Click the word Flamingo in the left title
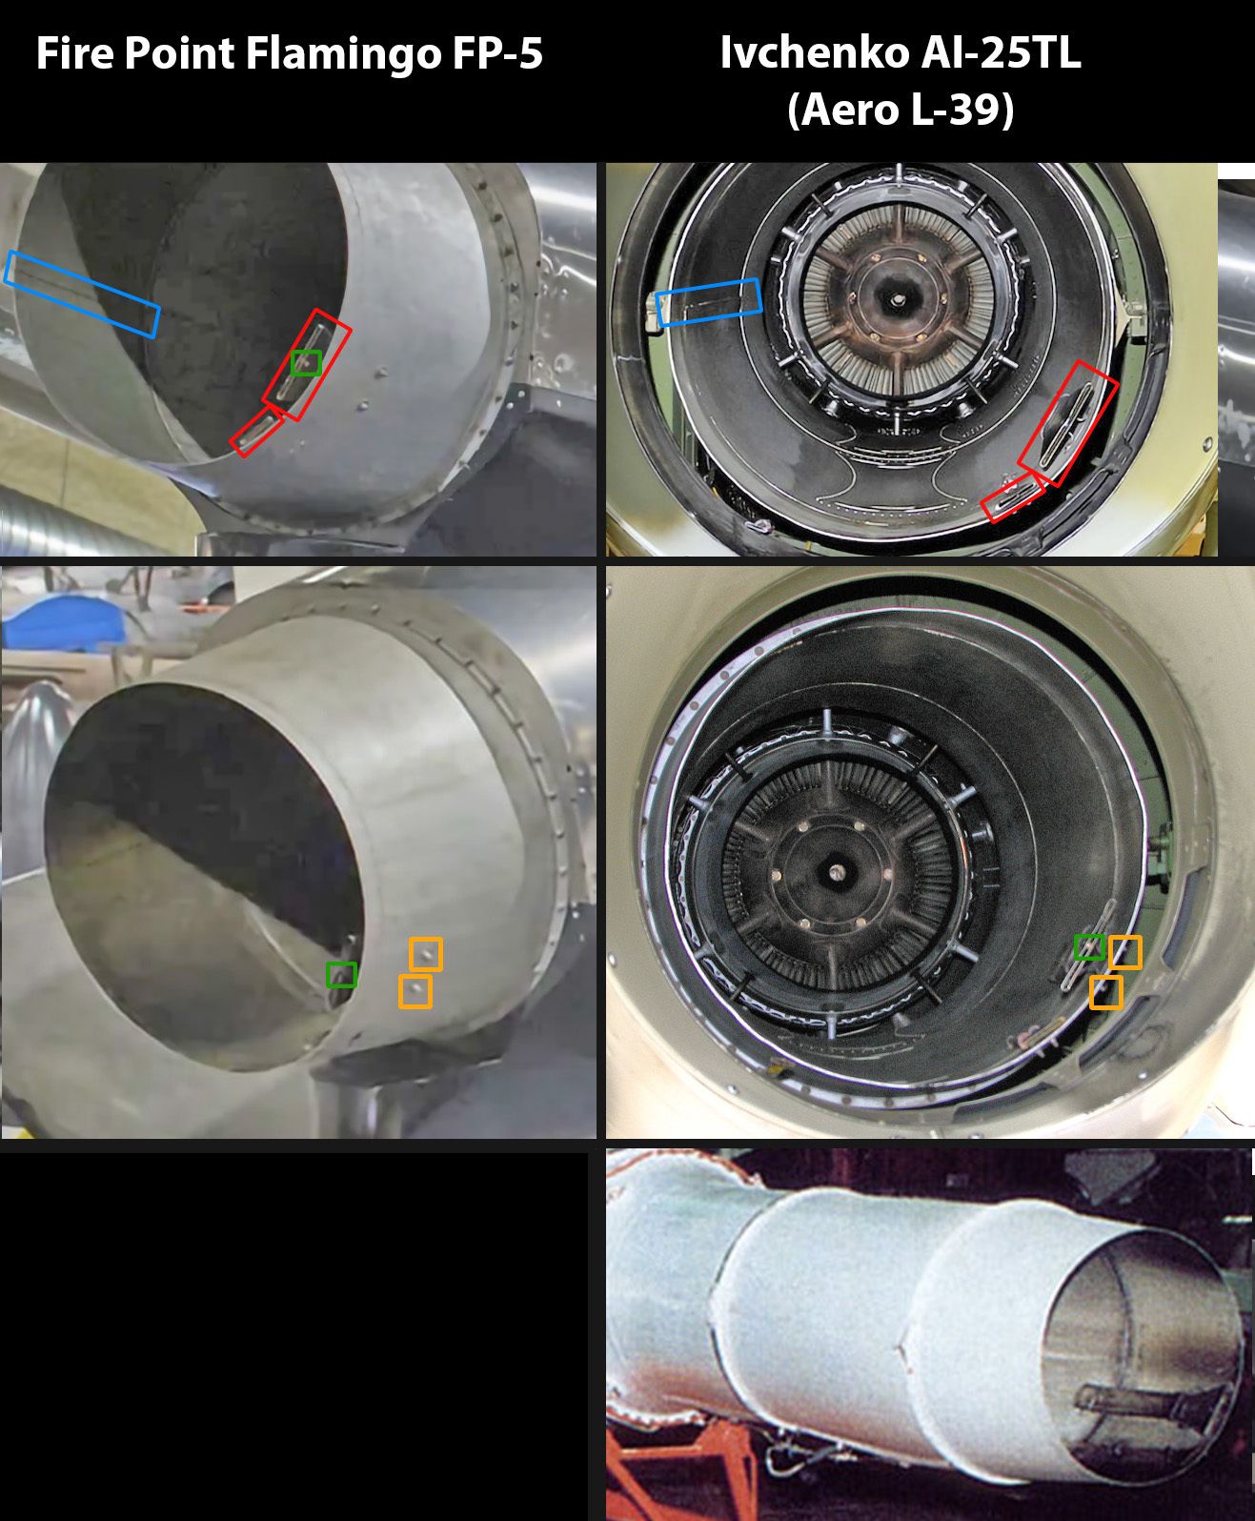(x=343, y=54)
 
